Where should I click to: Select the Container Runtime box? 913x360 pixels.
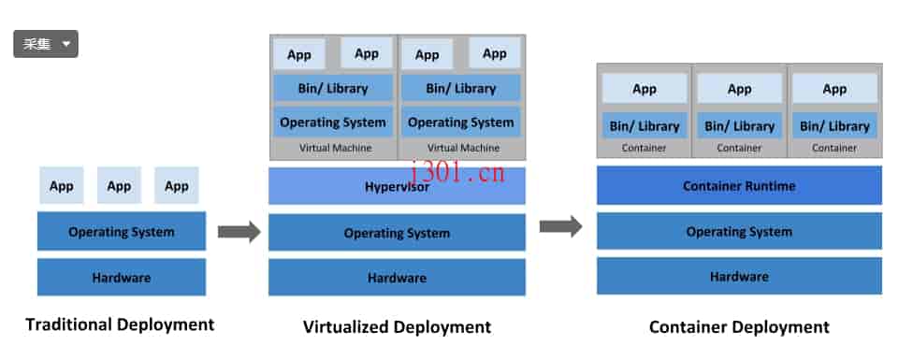coord(739,186)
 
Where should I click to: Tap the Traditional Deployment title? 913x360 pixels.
coord(120,324)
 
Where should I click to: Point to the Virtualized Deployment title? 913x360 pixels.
coord(397,326)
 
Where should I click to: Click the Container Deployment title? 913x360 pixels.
coord(739,326)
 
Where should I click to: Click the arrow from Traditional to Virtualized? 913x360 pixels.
coord(239,232)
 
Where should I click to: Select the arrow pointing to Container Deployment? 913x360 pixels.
coord(561,226)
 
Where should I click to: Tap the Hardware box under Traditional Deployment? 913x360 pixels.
coord(122,278)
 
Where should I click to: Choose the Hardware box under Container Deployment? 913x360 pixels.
coord(739,277)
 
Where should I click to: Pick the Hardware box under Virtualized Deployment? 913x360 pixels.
coord(397,278)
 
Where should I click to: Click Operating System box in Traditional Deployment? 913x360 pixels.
coord(122,232)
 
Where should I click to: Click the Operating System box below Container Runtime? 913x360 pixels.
coord(739,232)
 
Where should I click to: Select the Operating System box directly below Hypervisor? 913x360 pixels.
coord(397,233)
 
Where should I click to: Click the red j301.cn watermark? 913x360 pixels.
coord(458,173)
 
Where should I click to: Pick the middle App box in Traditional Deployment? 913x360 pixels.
coord(119,186)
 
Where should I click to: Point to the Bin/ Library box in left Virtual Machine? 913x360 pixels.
coord(333,89)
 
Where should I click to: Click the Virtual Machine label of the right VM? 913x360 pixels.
coord(461,148)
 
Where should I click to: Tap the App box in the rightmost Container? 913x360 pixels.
coord(834,89)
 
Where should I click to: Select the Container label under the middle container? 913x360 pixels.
coord(739,148)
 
